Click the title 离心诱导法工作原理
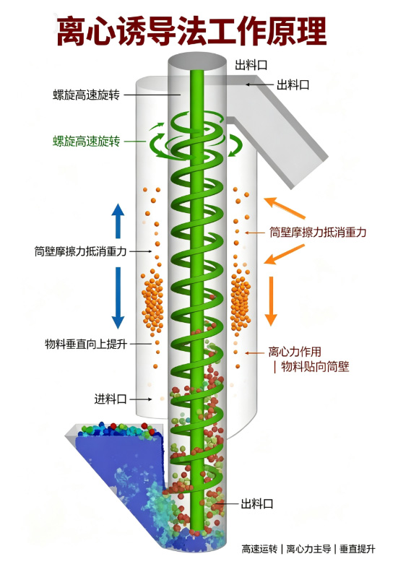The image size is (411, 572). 191,31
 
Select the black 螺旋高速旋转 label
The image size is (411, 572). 86,95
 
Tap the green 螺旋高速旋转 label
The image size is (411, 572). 86,141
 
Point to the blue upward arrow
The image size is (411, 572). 118,221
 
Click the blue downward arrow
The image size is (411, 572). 118,298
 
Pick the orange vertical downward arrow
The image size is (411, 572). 271,301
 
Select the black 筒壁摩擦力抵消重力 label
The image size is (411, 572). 80,251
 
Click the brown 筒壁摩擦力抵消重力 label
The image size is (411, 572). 318,232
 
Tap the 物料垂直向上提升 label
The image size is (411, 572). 86,344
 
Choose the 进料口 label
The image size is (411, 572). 110,399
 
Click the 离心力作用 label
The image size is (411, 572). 295,352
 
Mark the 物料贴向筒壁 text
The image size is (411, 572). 315,367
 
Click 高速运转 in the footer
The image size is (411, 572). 259,549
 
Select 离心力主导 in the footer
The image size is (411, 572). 308,549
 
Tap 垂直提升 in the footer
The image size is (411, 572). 357,549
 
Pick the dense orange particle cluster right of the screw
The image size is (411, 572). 241,301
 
